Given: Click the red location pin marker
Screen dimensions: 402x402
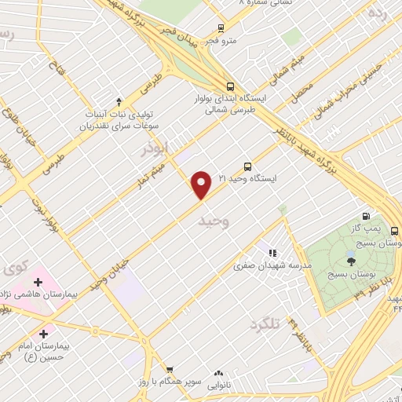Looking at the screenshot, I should coord(202,185).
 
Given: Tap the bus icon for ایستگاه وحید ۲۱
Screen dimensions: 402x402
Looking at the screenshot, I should coord(247,166).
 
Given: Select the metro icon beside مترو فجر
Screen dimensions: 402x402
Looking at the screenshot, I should coord(221,27).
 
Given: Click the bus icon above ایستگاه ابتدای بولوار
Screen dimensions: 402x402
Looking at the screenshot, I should coord(229,87).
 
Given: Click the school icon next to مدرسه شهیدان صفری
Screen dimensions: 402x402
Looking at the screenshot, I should coord(272,253).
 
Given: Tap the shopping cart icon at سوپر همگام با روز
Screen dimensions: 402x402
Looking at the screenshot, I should coord(168,369).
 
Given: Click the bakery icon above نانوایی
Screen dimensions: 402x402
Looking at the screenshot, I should coord(218,374).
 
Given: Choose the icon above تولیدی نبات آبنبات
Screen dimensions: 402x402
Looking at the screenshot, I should coord(119,100).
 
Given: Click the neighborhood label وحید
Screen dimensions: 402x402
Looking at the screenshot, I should coord(214,222).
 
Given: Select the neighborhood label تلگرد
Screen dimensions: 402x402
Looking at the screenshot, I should coord(265,323).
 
